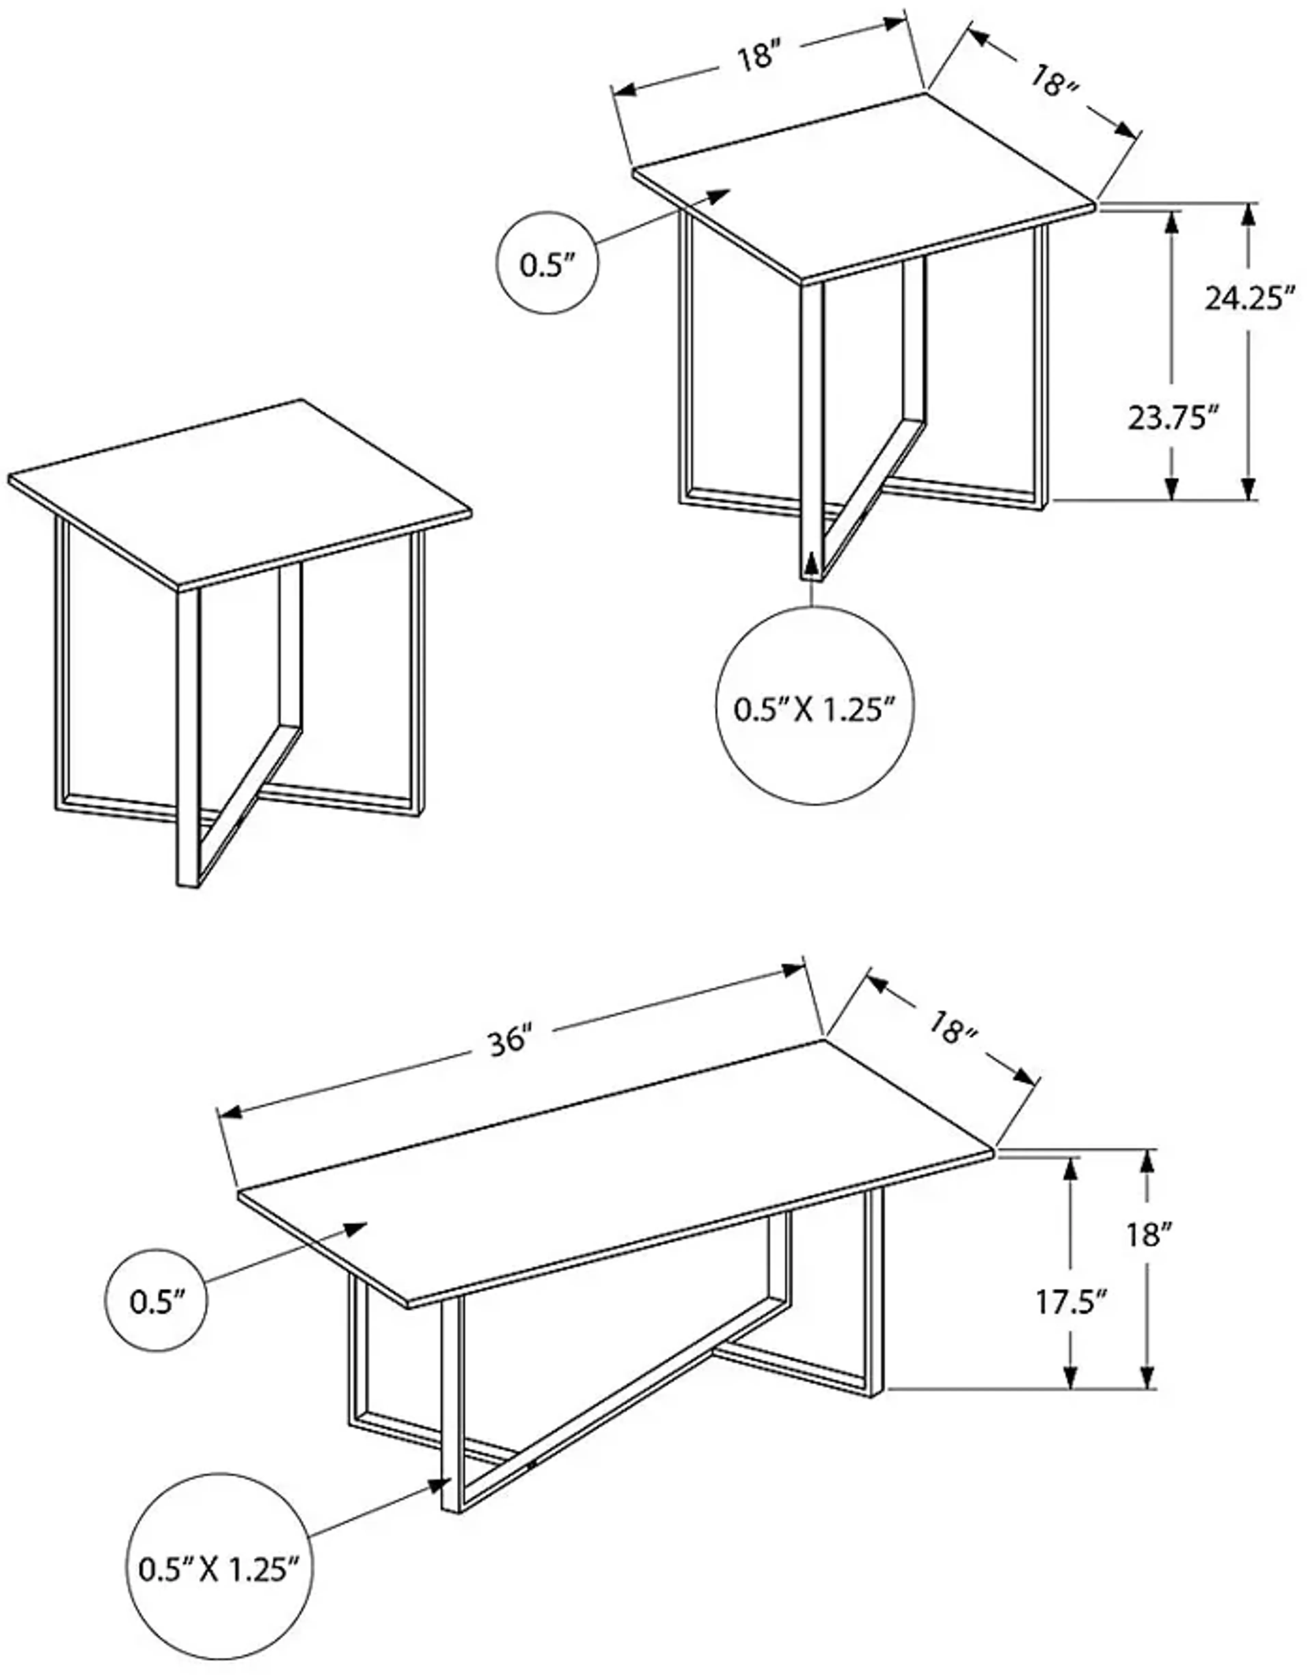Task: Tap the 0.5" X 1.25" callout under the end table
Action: point(815,708)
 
